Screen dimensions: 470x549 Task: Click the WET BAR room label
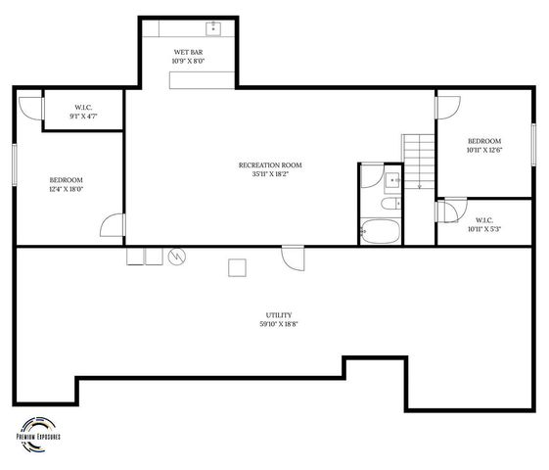[x=188, y=51]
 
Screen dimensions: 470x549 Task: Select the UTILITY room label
[x=279, y=315]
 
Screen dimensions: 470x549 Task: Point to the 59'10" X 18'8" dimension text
[x=279, y=324]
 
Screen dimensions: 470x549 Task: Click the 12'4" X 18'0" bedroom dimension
[x=67, y=190]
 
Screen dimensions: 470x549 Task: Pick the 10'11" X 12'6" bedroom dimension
[x=484, y=151]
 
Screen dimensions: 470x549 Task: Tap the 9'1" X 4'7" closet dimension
[x=83, y=116]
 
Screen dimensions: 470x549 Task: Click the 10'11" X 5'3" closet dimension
[x=484, y=229]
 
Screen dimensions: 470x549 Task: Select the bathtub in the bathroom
[x=380, y=233]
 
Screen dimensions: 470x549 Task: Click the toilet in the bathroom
[x=389, y=204]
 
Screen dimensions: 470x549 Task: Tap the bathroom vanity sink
[x=391, y=179]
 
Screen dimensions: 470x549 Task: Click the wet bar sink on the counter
[x=212, y=27]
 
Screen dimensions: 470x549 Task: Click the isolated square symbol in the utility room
[x=236, y=266]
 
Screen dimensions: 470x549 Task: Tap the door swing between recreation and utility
[x=293, y=258]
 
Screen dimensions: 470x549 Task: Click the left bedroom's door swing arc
[x=114, y=226]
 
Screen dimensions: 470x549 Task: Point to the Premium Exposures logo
[x=39, y=432]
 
